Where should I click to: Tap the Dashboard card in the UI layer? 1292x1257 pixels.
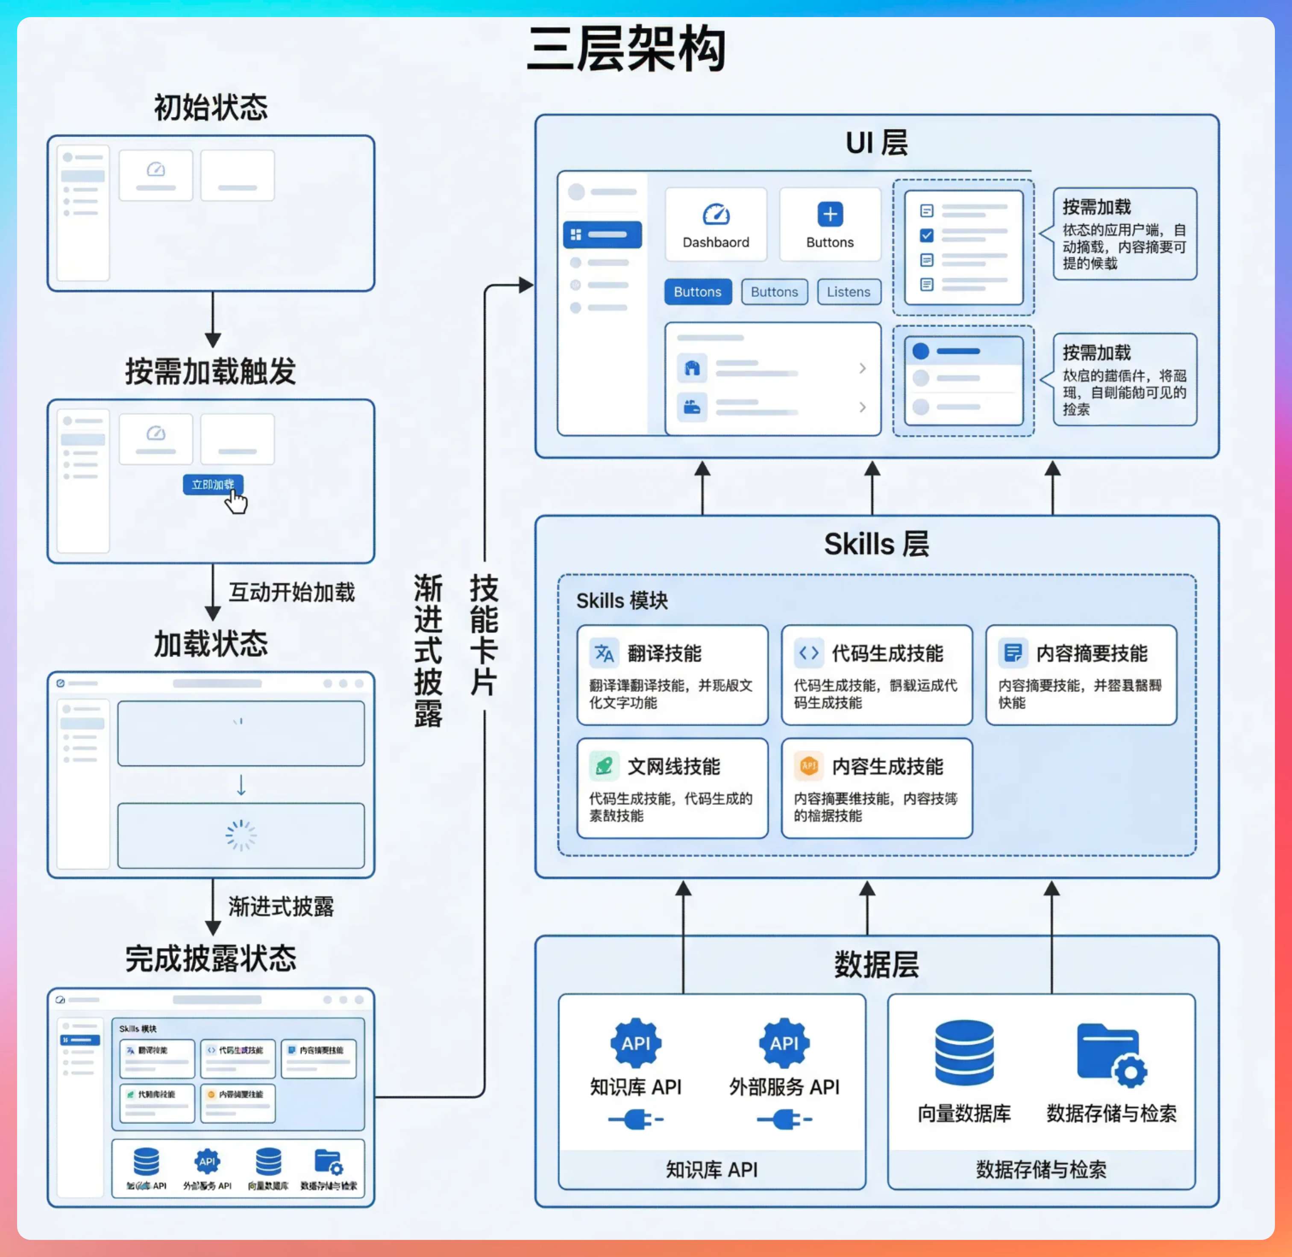(716, 224)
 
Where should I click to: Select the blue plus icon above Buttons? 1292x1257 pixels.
(830, 214)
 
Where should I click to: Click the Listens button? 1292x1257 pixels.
(849, 292)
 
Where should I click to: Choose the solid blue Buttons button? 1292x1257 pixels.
(697, 292)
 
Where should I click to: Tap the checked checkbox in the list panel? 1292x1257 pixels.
(926, 235)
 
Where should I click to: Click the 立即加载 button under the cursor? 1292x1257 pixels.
(212, 484)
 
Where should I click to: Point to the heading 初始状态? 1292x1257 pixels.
(211, 108)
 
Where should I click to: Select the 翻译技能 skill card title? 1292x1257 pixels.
(664, 654)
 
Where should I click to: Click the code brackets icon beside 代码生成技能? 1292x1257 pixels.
(808, 653)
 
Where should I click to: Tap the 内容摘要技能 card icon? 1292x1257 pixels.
(1013, 653)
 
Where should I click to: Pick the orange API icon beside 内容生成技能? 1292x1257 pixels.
(808, 766)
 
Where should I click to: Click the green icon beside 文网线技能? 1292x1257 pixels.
(604, 766)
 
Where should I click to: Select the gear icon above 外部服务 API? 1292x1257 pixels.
(784, 1043)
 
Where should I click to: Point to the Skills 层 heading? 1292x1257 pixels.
(876, 544)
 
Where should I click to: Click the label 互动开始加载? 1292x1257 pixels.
(292, 592)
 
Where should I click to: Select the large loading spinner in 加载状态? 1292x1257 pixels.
(241, 835)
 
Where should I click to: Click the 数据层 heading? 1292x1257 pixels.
(876, 965)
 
